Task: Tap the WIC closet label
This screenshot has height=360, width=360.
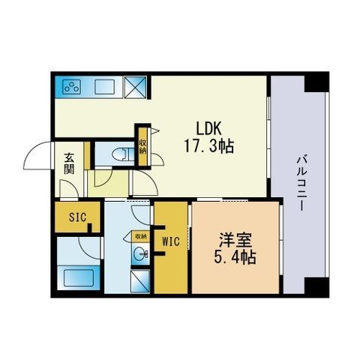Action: pyautogui.click(x=172, y=241)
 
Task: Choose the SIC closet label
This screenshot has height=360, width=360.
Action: pyautogui.click(x=77, y=217)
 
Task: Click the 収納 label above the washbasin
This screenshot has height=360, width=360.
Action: pyautogui.click(x=140, y=236)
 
